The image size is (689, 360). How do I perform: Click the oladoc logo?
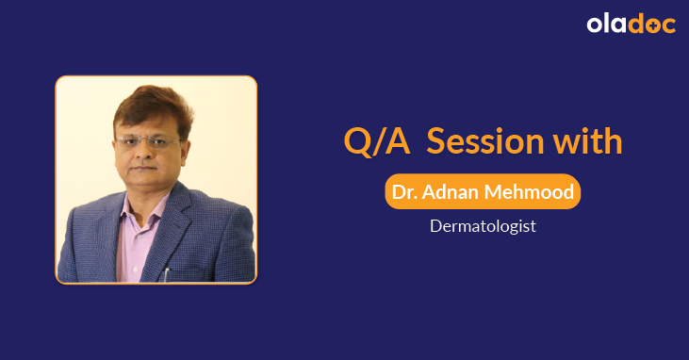point(631,25)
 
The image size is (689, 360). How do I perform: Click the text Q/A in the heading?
point(376,140)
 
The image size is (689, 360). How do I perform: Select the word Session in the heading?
point(483,140)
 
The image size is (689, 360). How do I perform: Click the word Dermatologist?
point(483,226)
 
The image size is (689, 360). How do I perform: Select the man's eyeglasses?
point(148,142)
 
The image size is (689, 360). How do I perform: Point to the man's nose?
point(146,156)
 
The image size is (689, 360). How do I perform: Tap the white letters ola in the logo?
point(605,25)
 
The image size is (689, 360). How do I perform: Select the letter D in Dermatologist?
point(435,226)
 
